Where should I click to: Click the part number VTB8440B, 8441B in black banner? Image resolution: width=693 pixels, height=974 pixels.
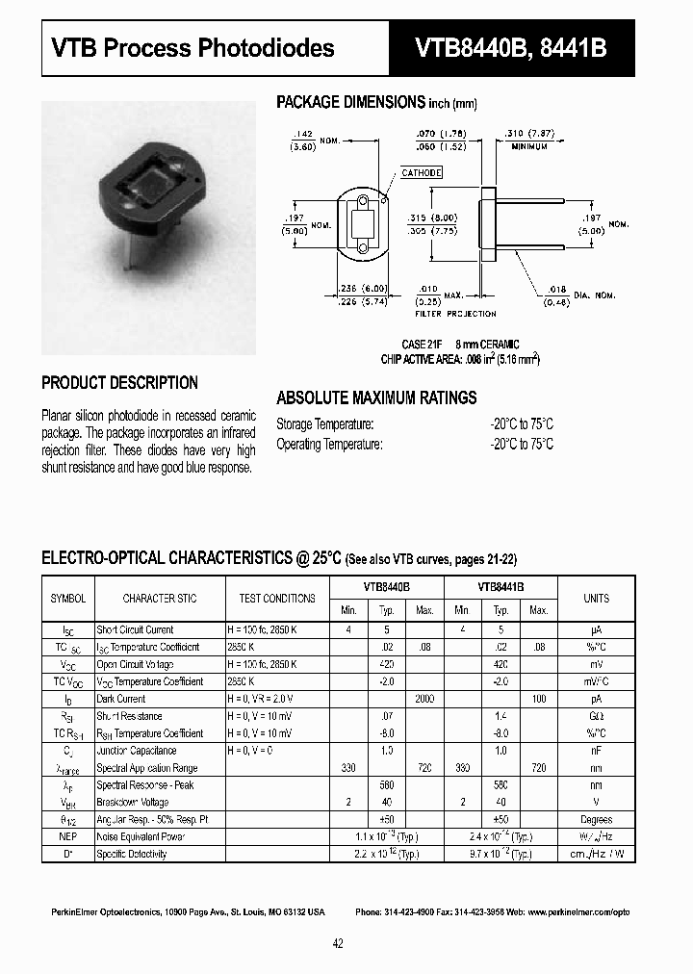pos(511,48)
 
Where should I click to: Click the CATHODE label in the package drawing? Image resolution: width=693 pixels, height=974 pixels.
pos(422,172)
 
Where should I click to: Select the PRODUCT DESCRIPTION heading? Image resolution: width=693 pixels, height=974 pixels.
pos(119,382)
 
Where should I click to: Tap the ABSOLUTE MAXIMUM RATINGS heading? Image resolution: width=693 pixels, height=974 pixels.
pos(376,397)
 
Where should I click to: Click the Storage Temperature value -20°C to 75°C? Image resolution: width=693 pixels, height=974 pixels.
pos(521,424)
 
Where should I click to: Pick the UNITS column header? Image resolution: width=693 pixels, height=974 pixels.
pos(596,598)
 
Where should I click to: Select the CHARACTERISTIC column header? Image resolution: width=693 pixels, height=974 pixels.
pos(160,598)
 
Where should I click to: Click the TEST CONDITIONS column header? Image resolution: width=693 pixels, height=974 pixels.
pos(278,598)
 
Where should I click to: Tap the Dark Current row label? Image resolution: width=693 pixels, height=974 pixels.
pos(121,699)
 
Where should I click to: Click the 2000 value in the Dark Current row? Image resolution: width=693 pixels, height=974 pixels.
pos(424,699)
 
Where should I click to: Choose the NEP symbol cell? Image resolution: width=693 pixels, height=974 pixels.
pos(67,836)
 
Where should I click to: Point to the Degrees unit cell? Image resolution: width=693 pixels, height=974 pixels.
pos(596,819)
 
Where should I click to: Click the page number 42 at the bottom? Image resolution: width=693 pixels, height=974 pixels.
pos(338,943)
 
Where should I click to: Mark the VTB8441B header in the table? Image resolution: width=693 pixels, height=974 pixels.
pos(500,585)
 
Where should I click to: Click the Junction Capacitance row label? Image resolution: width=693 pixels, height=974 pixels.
pos(136,751)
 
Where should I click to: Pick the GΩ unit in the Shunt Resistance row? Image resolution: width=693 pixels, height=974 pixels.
pos(596,716)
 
